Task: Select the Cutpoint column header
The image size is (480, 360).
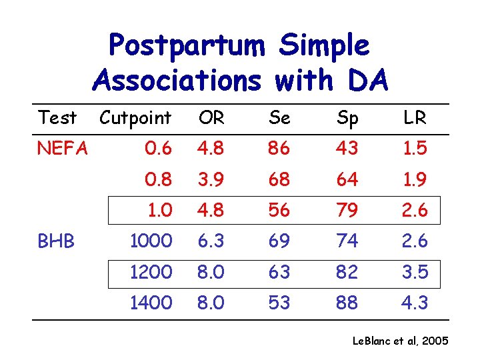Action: click(135, 119)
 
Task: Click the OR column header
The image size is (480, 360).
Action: click(211, 119)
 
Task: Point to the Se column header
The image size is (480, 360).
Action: click(279, 119)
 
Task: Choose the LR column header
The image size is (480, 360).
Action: click(415, 119)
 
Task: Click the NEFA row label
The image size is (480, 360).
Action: click(63, 149)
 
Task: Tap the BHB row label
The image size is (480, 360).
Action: click(56, 241)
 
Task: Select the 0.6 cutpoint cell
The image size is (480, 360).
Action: click(159, 149)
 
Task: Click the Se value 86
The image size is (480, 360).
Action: click(279, 149)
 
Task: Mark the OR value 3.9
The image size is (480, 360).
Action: click(211, 179)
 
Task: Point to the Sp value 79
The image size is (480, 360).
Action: click(347, 210)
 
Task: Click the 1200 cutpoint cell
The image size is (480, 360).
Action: click(151, 272)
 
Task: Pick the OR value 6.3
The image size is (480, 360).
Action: click(211, 241)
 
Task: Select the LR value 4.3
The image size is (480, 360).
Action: click(415, 303)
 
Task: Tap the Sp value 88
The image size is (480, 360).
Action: click(347, 303)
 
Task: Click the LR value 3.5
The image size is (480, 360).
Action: click(415, 272)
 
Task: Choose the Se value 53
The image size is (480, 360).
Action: click(279, 303)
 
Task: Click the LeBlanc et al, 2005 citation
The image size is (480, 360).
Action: click(401, 342)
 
